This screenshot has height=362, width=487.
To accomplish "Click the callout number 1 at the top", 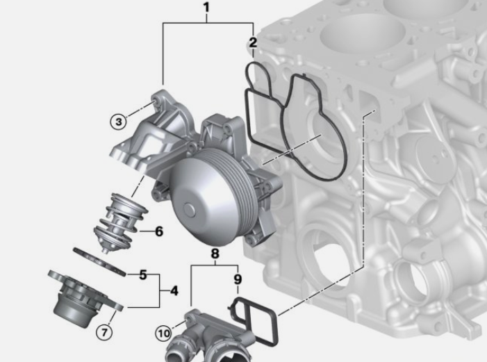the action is [206, 7].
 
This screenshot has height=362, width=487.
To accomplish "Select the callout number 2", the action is [253, 42].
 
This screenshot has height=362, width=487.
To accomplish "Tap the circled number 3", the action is [119, 122].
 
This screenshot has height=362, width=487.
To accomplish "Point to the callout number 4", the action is [174, 291].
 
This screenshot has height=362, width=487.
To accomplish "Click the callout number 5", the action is [143, 274].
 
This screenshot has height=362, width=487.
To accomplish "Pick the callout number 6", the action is [158, 231].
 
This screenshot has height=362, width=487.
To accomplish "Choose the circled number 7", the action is [104, 333].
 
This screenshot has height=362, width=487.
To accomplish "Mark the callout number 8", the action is [215, 254].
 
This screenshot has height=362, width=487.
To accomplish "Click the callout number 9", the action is [238, 279].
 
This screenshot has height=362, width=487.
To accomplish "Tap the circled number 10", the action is [164, 334].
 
